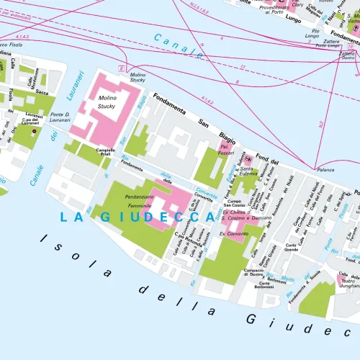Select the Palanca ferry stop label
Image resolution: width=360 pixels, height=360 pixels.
[326, 171]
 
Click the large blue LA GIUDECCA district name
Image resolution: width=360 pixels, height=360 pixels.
[127, 217]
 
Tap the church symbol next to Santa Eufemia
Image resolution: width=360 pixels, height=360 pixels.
[248, 157]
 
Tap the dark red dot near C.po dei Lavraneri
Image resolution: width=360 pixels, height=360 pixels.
[33, 132]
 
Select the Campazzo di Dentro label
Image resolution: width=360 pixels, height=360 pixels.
[253, 271]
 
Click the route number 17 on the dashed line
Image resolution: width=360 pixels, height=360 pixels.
[242, 67]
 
